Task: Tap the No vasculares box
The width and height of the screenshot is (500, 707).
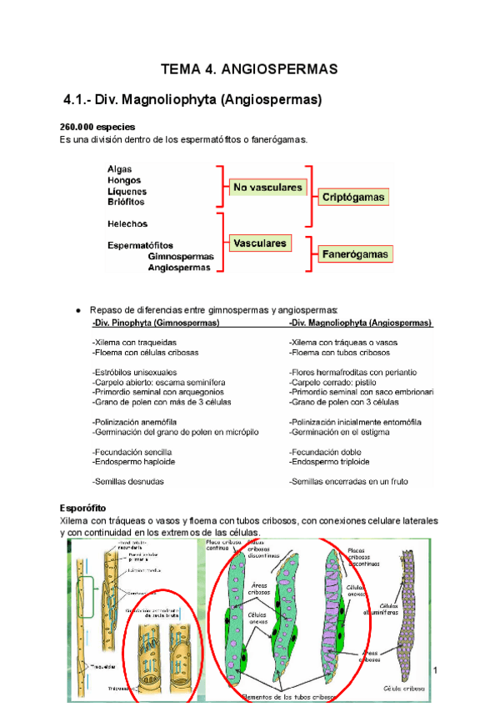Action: tap(267, 188)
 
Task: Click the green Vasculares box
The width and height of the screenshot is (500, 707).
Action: tap(261, 243)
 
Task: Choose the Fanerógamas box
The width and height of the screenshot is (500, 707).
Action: tap(354, 253)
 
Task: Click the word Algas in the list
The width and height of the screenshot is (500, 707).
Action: tap(120, 169)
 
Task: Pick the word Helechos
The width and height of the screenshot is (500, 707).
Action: tap(127, 224)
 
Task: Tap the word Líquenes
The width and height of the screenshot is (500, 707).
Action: tap(126, 191)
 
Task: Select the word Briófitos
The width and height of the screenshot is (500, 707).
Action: tap(126, 202)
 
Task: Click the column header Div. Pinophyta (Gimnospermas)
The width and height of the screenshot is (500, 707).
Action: tap(157, 322)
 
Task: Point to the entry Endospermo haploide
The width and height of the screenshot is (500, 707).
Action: tap(137, 461)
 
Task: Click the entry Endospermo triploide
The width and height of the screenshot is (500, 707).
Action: tap(329, 461)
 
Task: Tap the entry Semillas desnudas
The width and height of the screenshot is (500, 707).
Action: tap(128, 482)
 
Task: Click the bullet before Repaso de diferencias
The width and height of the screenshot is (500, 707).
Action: tap(77, 309)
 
